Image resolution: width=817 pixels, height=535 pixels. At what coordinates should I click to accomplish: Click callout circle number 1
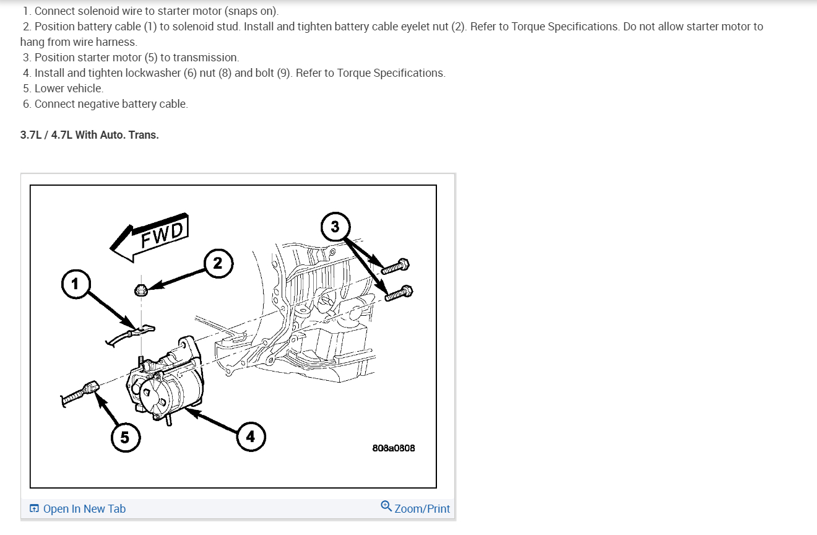click(75, 284)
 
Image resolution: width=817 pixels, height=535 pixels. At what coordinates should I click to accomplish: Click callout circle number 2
click(217, 263)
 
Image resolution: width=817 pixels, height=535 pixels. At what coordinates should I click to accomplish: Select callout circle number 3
click(335, 227)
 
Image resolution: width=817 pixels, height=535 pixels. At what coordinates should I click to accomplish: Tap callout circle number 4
click(250, 437)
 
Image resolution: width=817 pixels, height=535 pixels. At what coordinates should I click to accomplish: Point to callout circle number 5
click(125, 438)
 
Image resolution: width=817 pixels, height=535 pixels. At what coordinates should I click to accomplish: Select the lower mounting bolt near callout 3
click(399, 293)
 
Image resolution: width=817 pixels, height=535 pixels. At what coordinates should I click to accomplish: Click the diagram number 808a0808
click(394, 448)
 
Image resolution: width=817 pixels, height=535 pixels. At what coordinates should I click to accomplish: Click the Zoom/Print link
click(422, 508)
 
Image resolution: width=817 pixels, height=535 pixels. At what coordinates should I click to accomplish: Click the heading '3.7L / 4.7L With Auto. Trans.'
click(90, 134)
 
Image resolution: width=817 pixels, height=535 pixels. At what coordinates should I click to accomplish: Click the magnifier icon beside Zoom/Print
click(386, 507)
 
